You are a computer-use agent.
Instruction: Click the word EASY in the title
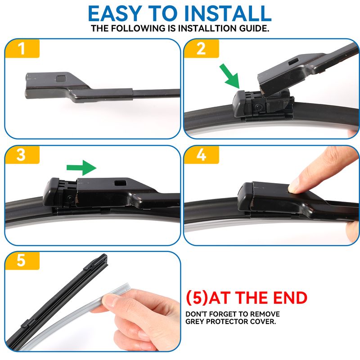pyautogui.click(x=115, y=13)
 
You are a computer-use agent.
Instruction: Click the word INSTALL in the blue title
pyautogui.click(x=228, y=13)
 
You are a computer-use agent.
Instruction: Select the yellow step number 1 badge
pyautogui.click(x=22, y=49)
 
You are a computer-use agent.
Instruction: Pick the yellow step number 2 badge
pyautogui.click(x=201, y=49)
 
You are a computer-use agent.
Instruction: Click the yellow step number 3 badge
pyautogui.click(x=22, y=155)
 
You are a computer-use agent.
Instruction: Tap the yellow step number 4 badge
pyautogui.click(x=201, y=155)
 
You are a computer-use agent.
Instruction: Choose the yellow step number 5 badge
pyautogui.click(x=22, y=261)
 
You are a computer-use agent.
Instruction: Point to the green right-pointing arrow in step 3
pyautogui.click(x=81, y=167)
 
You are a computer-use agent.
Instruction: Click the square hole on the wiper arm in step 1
pyautogui.click(x=61, y=79)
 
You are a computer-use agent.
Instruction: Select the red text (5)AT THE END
pyautogui.click(x=246, y=298)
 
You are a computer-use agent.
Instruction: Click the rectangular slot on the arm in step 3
pyautogui.click(x=121, y=183)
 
